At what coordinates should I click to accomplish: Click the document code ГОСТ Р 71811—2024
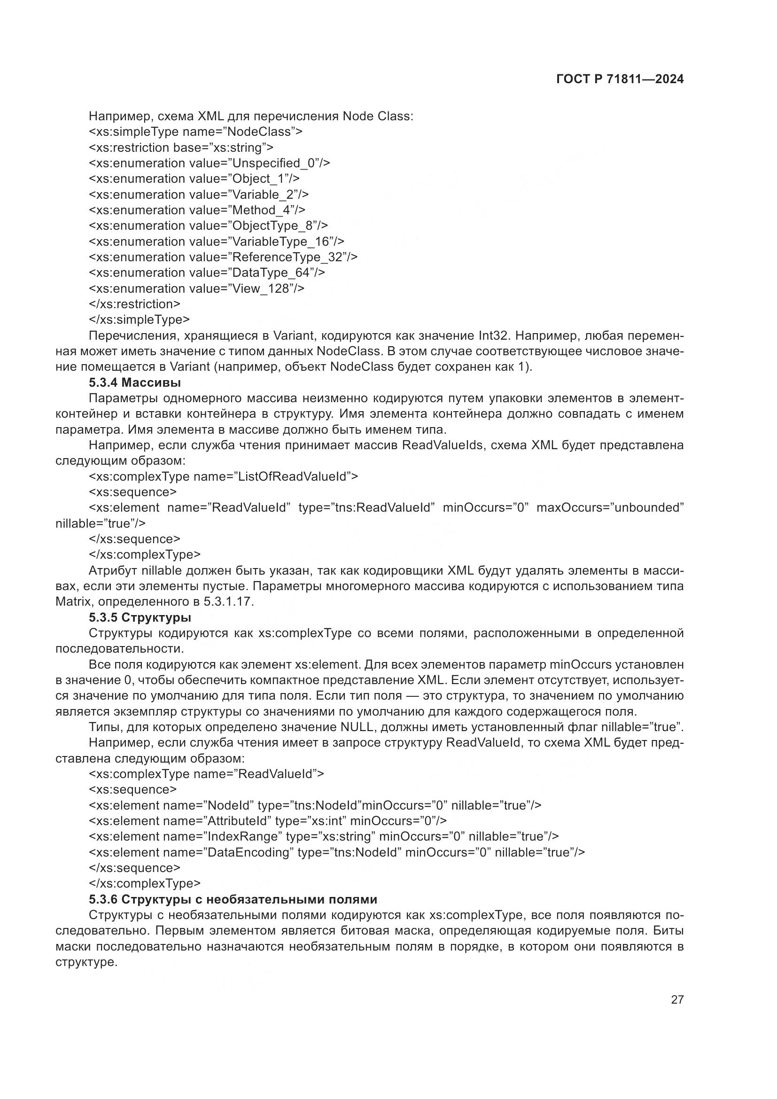click(620, 79)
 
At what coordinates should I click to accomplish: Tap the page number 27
click(677, 999)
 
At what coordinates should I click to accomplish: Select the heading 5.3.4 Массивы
click(135, 382)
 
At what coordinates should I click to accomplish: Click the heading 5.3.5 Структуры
click(140, 617)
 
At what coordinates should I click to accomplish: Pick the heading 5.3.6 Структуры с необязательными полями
click(233, 899)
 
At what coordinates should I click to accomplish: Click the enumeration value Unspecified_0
click(273, 163)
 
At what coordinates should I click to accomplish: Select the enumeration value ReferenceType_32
click(287, 257)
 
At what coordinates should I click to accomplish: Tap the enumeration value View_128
click(261, 288)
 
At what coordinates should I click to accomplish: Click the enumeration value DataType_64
click(271, 273)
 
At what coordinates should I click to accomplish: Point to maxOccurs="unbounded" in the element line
click(610, 507)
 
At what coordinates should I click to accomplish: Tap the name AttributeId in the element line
click(236, 821)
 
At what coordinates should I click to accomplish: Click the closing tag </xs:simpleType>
click(139, 319)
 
